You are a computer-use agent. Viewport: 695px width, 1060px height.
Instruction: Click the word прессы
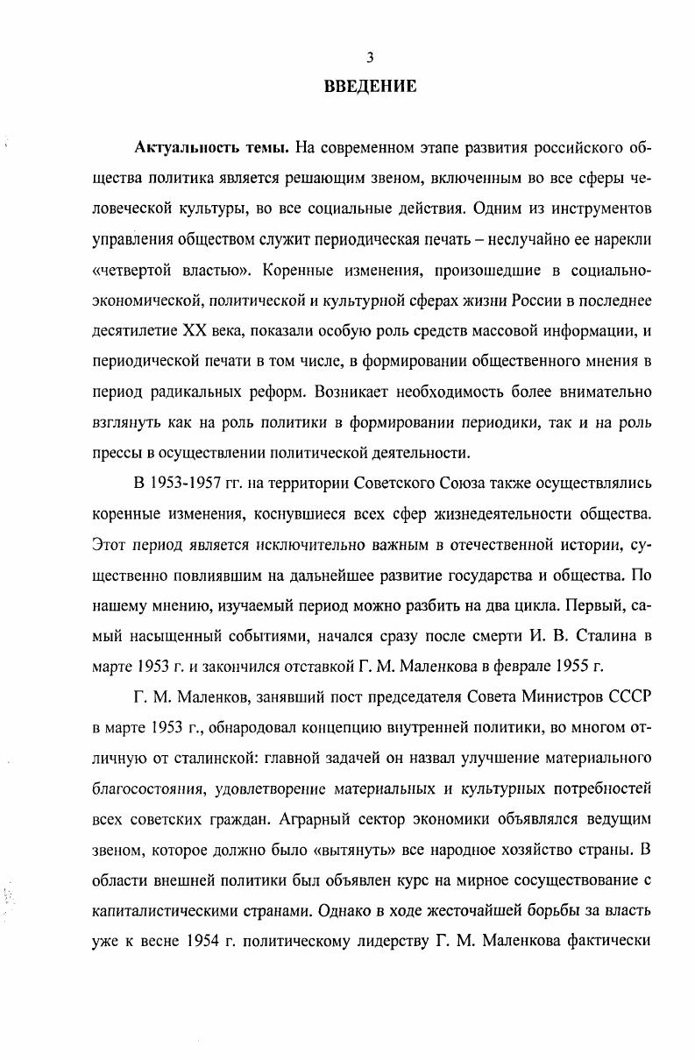point(117,452)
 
